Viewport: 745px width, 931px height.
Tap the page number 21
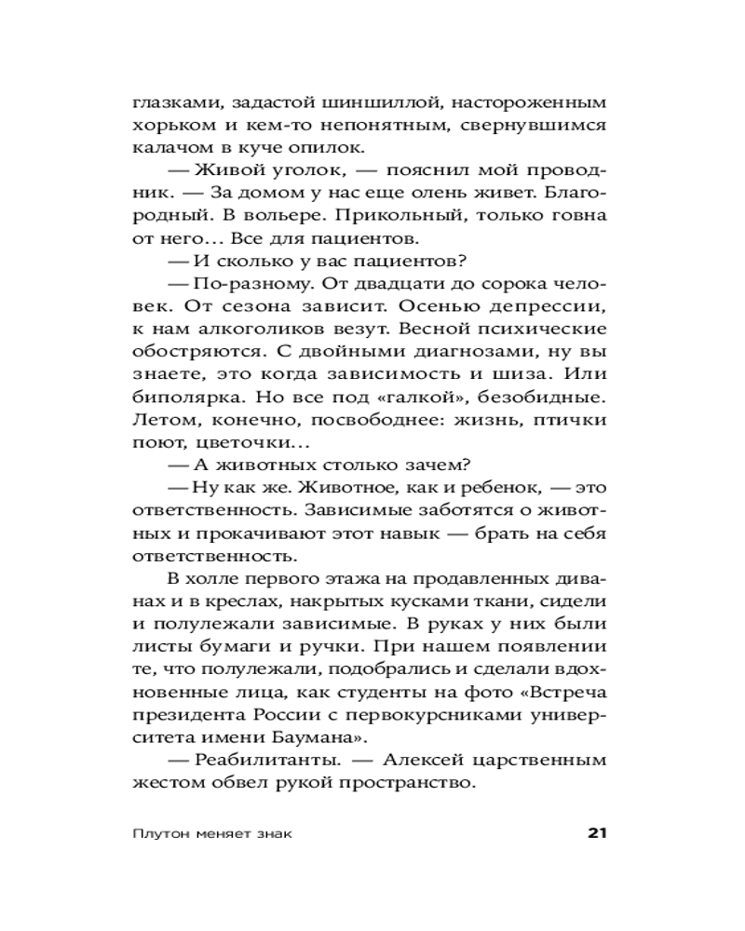tap(597, 832)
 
